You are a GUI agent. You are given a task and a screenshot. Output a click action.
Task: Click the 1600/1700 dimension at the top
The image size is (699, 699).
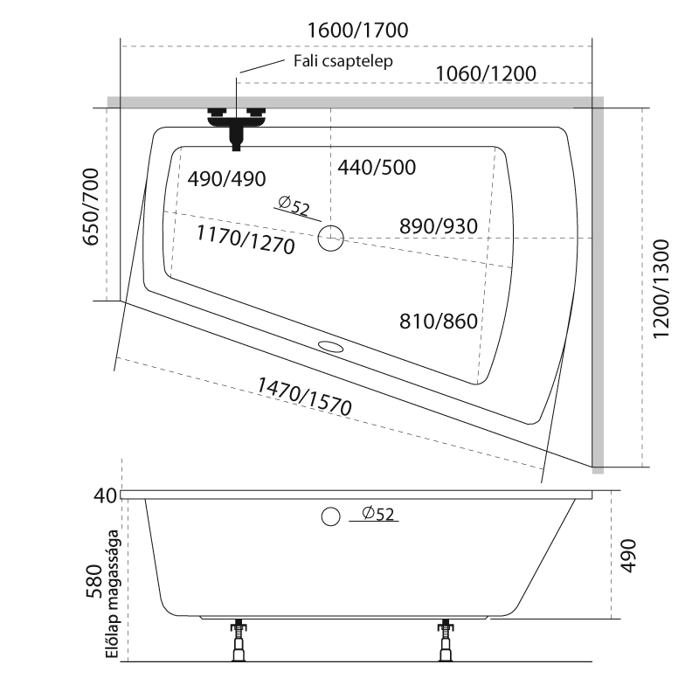point(358,29)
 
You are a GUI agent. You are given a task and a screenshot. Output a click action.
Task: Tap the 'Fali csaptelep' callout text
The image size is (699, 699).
point(342,61)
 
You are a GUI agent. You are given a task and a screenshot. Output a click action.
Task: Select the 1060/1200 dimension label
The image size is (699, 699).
point(485,73)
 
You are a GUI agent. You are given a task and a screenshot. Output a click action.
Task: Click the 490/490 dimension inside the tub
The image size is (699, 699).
point(226,178)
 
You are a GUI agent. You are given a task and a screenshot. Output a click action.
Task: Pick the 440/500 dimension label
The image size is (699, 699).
point(377,167)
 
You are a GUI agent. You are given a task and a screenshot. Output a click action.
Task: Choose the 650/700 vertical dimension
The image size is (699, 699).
point(89,208)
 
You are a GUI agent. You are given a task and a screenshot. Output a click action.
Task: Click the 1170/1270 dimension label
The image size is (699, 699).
point(246,239)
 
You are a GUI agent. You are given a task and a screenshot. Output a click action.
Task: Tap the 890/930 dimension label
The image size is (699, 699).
point(439,226)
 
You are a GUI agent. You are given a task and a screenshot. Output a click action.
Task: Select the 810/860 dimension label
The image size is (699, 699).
point(439,322)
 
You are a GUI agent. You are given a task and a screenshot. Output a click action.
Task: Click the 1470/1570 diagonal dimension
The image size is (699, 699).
point(303,394)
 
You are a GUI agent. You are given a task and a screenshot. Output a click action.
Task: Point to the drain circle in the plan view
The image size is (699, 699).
point(331,237)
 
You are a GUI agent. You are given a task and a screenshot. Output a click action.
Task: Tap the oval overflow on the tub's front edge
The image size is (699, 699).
point(332,346)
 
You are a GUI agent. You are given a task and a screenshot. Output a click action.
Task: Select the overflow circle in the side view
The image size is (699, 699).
point(330,516)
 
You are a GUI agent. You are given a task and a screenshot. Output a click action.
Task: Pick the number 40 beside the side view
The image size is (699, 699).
point(105,495)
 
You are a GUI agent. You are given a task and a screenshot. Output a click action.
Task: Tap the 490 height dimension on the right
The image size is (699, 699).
point(628,554)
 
